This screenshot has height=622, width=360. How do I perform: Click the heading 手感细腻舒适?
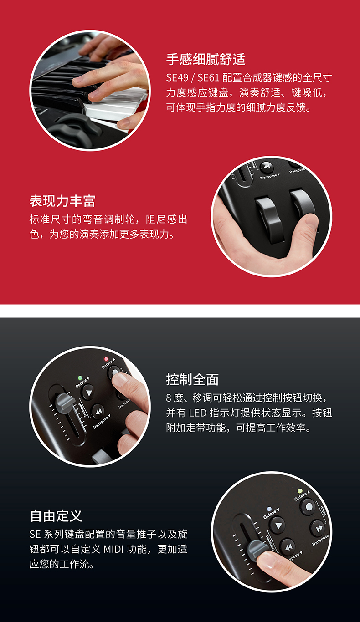(206, 59)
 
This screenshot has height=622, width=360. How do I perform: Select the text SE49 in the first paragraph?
(177, 78)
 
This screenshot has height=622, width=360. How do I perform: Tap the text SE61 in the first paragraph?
(209, 78)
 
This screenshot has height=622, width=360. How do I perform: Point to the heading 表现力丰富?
(62, 201)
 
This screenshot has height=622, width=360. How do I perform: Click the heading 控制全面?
(192, 379)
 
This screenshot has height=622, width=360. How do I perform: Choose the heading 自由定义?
(56, 516)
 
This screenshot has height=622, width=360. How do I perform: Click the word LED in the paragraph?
(197, 413)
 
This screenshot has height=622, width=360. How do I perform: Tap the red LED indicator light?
(106, 359)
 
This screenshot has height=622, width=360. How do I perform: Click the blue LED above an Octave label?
(269, 509)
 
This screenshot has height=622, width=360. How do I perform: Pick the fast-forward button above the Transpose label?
(318, 528)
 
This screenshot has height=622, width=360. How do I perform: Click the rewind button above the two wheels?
(267, 167)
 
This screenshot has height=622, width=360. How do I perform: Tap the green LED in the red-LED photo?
(80, 378)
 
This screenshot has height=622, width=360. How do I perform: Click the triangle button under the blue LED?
(277, 525)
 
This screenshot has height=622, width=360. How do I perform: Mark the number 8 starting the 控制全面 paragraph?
(169, 398)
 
